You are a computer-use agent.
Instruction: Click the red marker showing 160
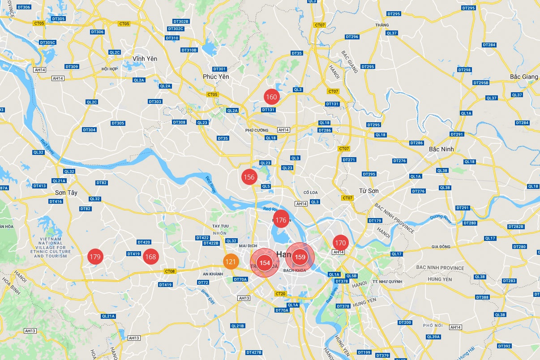271,97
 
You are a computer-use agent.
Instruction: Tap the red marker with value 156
249,177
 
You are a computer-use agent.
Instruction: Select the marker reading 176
281,220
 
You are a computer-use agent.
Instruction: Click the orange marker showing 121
231,262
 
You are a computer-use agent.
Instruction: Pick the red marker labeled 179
95,257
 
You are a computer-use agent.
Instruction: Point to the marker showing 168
150,257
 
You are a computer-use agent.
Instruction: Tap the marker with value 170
340,243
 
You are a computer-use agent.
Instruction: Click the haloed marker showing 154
265,263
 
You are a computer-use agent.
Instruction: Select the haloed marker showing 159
300,257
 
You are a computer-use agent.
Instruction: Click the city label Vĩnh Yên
145,59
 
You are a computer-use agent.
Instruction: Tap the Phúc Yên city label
216,77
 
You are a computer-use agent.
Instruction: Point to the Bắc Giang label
524,77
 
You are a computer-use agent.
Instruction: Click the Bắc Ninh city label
441,149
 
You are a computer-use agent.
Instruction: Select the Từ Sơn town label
369,191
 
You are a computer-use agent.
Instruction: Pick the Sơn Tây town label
66,193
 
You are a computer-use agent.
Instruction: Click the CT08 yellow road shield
170,271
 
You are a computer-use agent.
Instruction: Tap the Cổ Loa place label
310,193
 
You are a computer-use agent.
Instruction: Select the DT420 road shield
144,242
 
